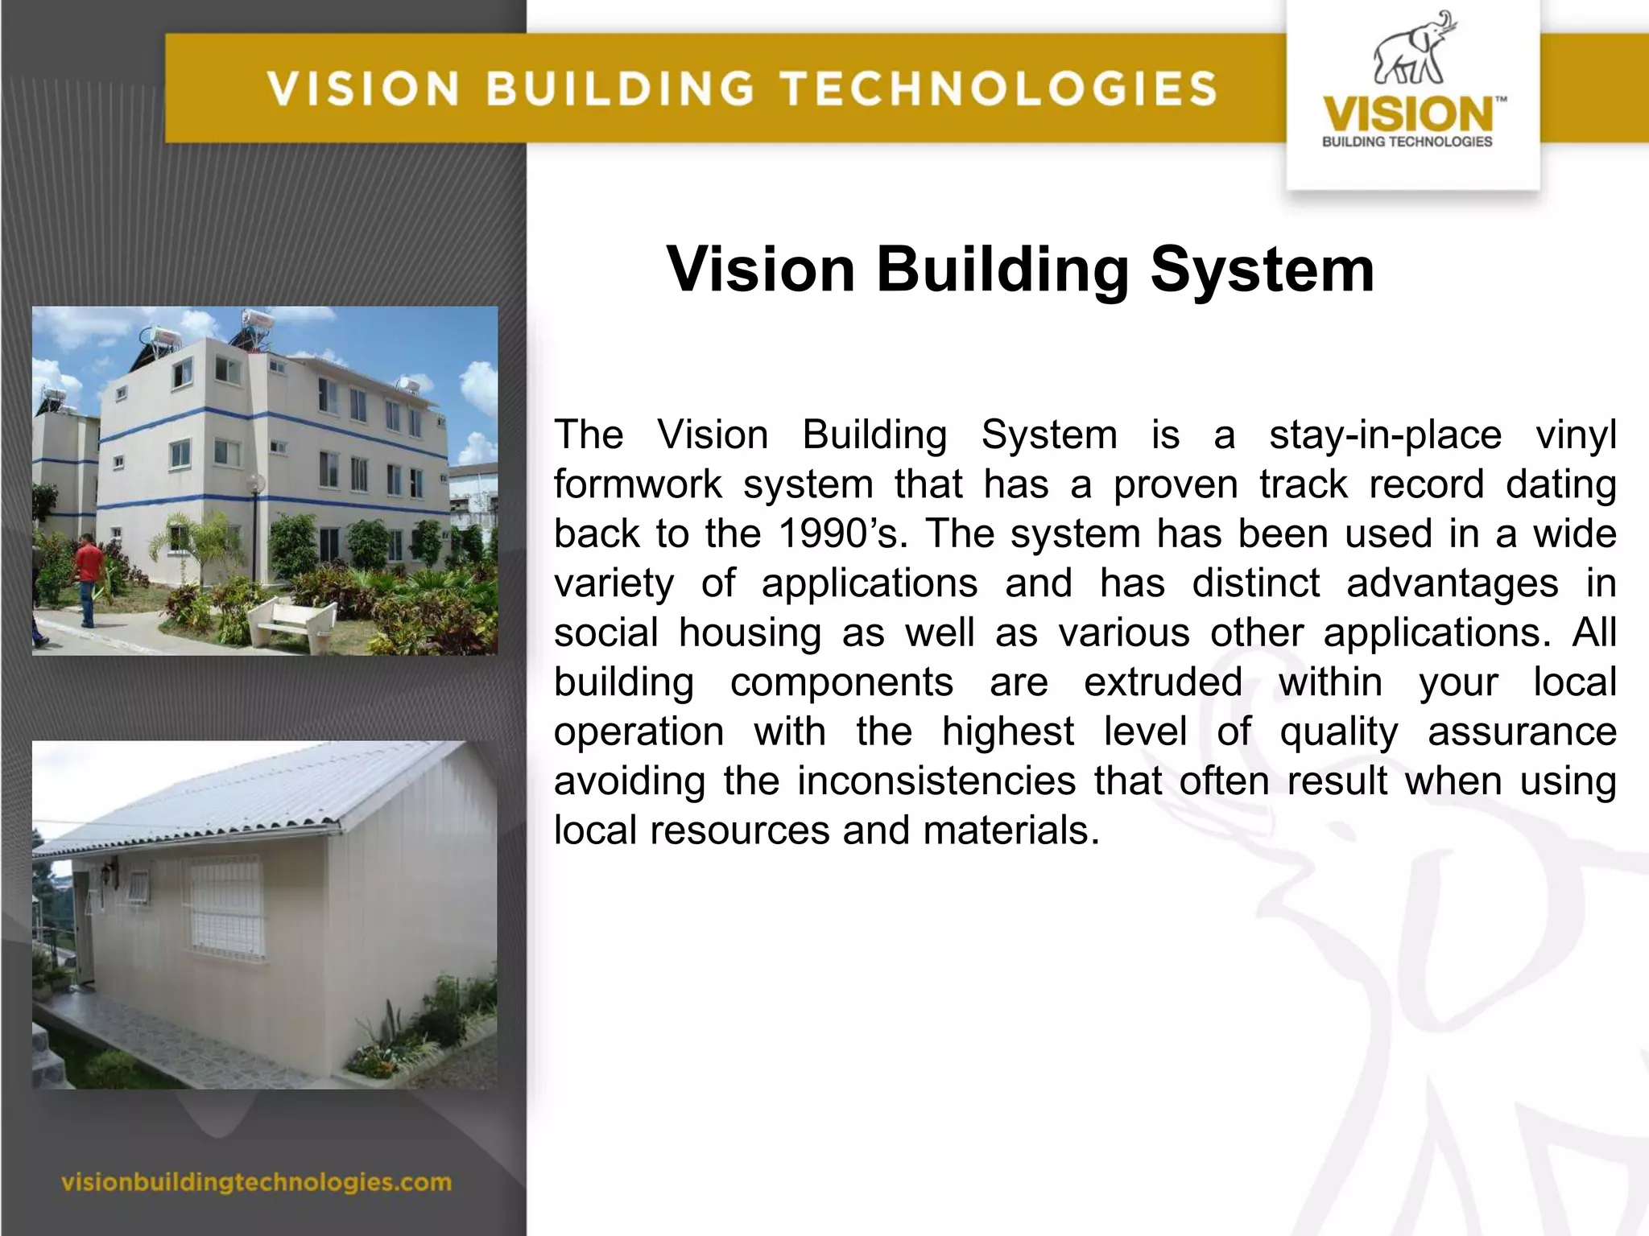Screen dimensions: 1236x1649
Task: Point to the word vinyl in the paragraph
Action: click(1576, 435)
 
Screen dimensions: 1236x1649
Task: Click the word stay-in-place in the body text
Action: click(1385, 435)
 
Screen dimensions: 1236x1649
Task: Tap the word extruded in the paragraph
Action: click(1163, 682)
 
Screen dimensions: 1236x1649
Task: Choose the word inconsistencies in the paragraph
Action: click(936, 781)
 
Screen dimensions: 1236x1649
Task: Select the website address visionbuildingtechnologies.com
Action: click(256, 1182)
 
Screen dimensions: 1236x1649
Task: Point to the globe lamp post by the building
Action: click(256, 485)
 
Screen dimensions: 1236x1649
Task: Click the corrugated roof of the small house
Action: click(242, 797)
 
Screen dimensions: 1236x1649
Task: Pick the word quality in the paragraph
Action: click(1338, 732)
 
